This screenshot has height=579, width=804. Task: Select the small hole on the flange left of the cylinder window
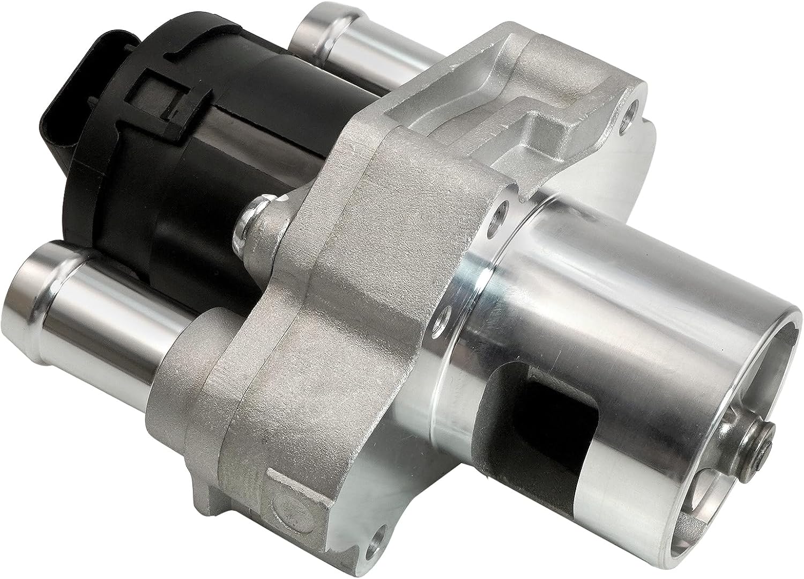coord(443,321)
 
